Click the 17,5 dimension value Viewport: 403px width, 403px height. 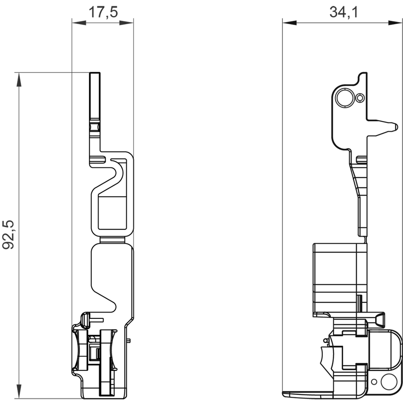[103, 12]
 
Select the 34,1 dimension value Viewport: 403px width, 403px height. [343, 12]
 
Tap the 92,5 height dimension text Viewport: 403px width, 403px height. [8, 234]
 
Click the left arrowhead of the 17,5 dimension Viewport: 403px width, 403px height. [79, 23]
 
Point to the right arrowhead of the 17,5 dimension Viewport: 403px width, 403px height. [127, 23]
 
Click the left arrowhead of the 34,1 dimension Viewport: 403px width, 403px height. [289, 23]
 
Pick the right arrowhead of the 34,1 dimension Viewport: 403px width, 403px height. [395, 23]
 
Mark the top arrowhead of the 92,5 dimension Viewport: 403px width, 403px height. [19, 79]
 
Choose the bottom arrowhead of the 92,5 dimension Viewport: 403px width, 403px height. [19, 391]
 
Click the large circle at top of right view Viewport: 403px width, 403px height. [344, 98]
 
